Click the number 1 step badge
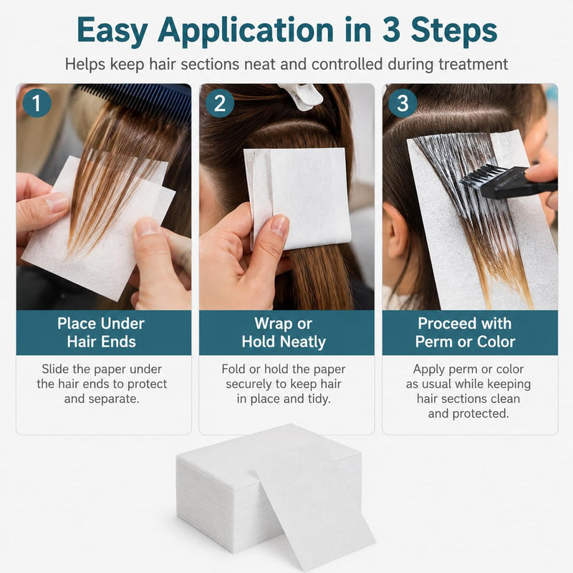37,103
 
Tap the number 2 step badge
220,103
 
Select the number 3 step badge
403,103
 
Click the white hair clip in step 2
300,96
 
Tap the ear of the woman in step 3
398,230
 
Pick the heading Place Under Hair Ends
101,332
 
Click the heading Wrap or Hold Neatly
284,332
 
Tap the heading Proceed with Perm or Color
465,332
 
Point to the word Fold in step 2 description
233,369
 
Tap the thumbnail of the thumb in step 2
279,225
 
